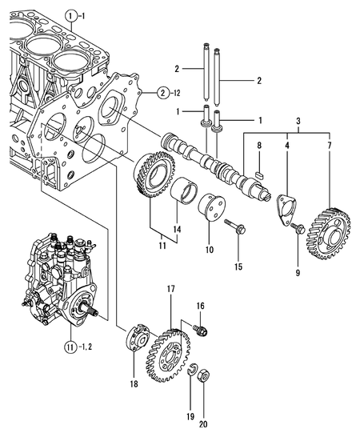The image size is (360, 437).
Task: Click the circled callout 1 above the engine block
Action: (71, 15)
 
